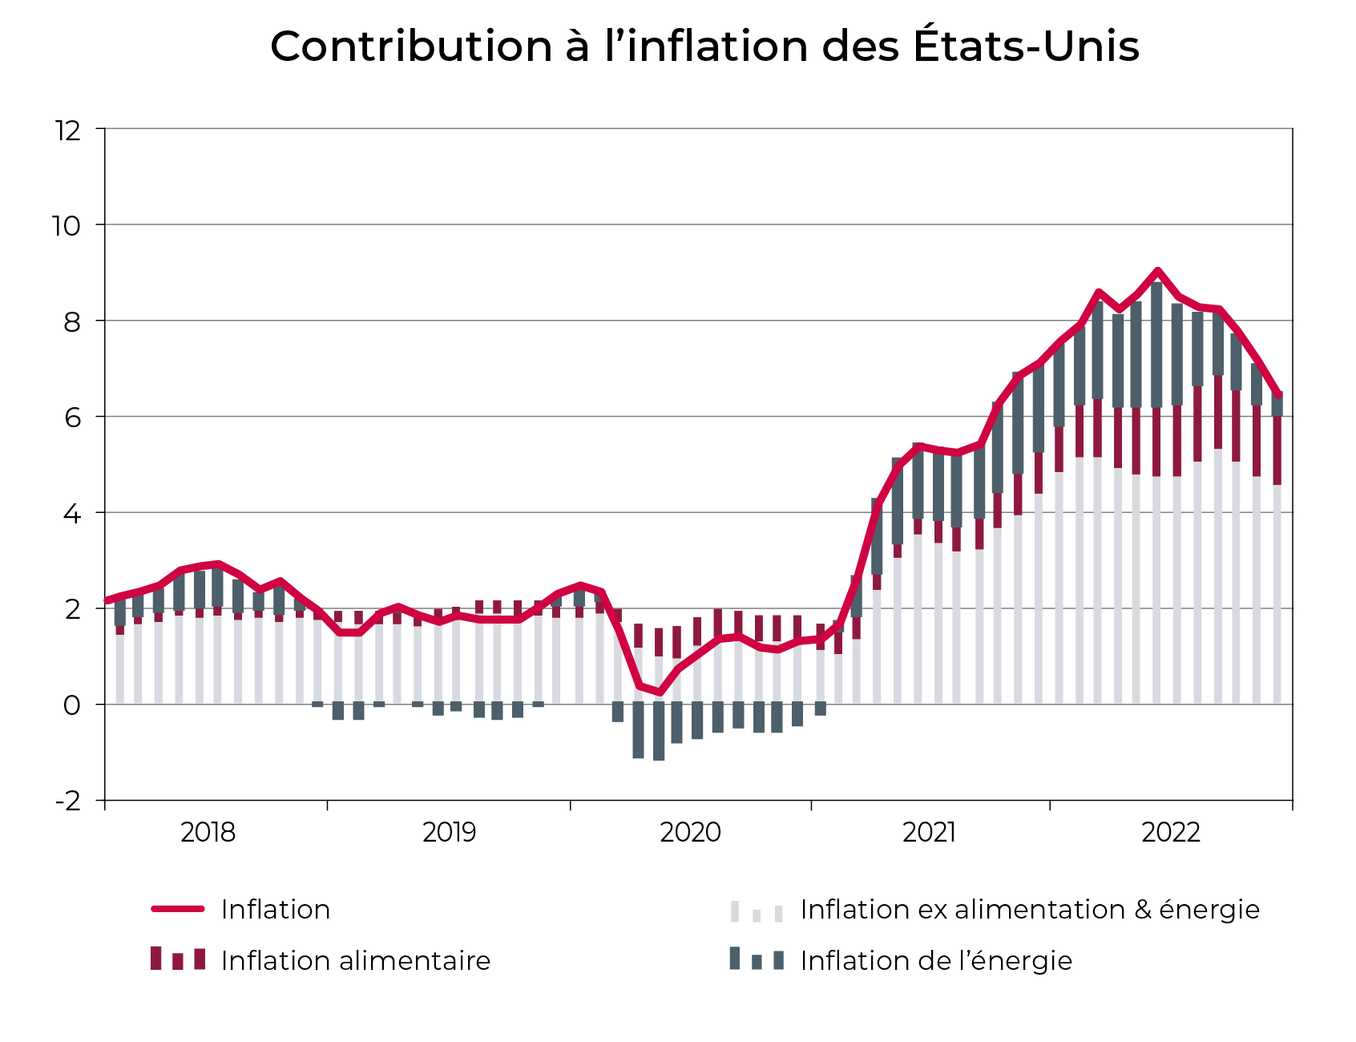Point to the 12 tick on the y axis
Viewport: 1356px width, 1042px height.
(x=68, y=130)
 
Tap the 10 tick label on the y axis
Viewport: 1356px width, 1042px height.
(x=67, y=226)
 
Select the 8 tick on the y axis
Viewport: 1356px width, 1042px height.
(x=72, y=321)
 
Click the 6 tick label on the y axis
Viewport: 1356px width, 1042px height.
(x=72, y=418)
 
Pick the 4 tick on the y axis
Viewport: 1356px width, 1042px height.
(x=72, y=514)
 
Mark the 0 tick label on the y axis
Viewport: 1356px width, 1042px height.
(x=72, y=705)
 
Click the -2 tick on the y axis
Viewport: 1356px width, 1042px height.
(x=67, y=801)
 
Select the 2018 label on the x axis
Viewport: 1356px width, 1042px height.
(x=208, y=833)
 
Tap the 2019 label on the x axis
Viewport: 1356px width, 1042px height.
(x=449, y=833)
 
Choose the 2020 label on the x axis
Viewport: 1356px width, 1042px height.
(x=690, y=833)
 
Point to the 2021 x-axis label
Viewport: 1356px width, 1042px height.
(x=929, y=833)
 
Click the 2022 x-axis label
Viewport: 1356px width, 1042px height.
(x=1170, y=833)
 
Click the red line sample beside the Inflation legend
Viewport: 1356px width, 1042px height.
(x=177, y=909)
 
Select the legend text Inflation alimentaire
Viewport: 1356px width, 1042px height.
(x=355, y=960)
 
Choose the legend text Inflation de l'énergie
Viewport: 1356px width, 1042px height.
(x=935, y=960)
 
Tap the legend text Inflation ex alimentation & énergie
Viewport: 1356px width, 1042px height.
(x=1029, y=910)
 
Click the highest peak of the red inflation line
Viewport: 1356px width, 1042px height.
(x=1157, y=271)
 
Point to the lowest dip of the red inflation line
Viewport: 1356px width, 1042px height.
(x=659, y=693)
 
